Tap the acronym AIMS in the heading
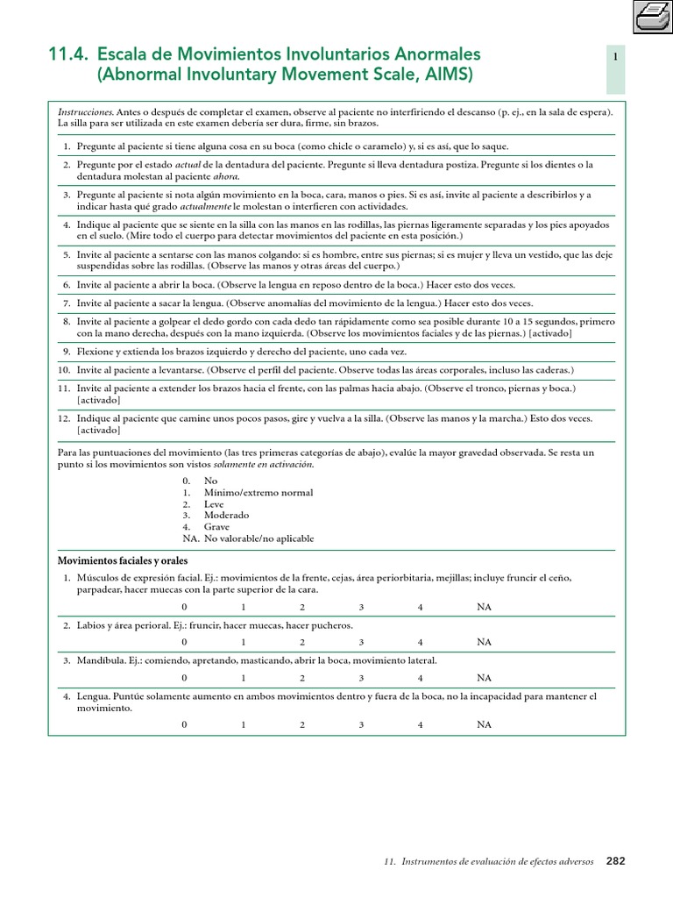click(x=452, y=75)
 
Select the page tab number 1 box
click(x=616, y=57)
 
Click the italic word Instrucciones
click(x=85, y=113)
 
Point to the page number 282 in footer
click(x=616, y=861)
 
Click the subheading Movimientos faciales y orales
click(x=123, y=560)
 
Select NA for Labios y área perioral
click(x=484, y=642)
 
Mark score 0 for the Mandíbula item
click(x=184, y=678)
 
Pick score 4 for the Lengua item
click(x=421, y=724)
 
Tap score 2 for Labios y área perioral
click(x=301, y=642)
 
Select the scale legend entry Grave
click(x=216, y=527)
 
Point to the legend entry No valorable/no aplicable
click(x=259, y=538)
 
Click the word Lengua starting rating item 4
click(x=93, y=696)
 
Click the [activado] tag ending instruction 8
click(x=550, y=334)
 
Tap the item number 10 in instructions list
click(x=64, y=370)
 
